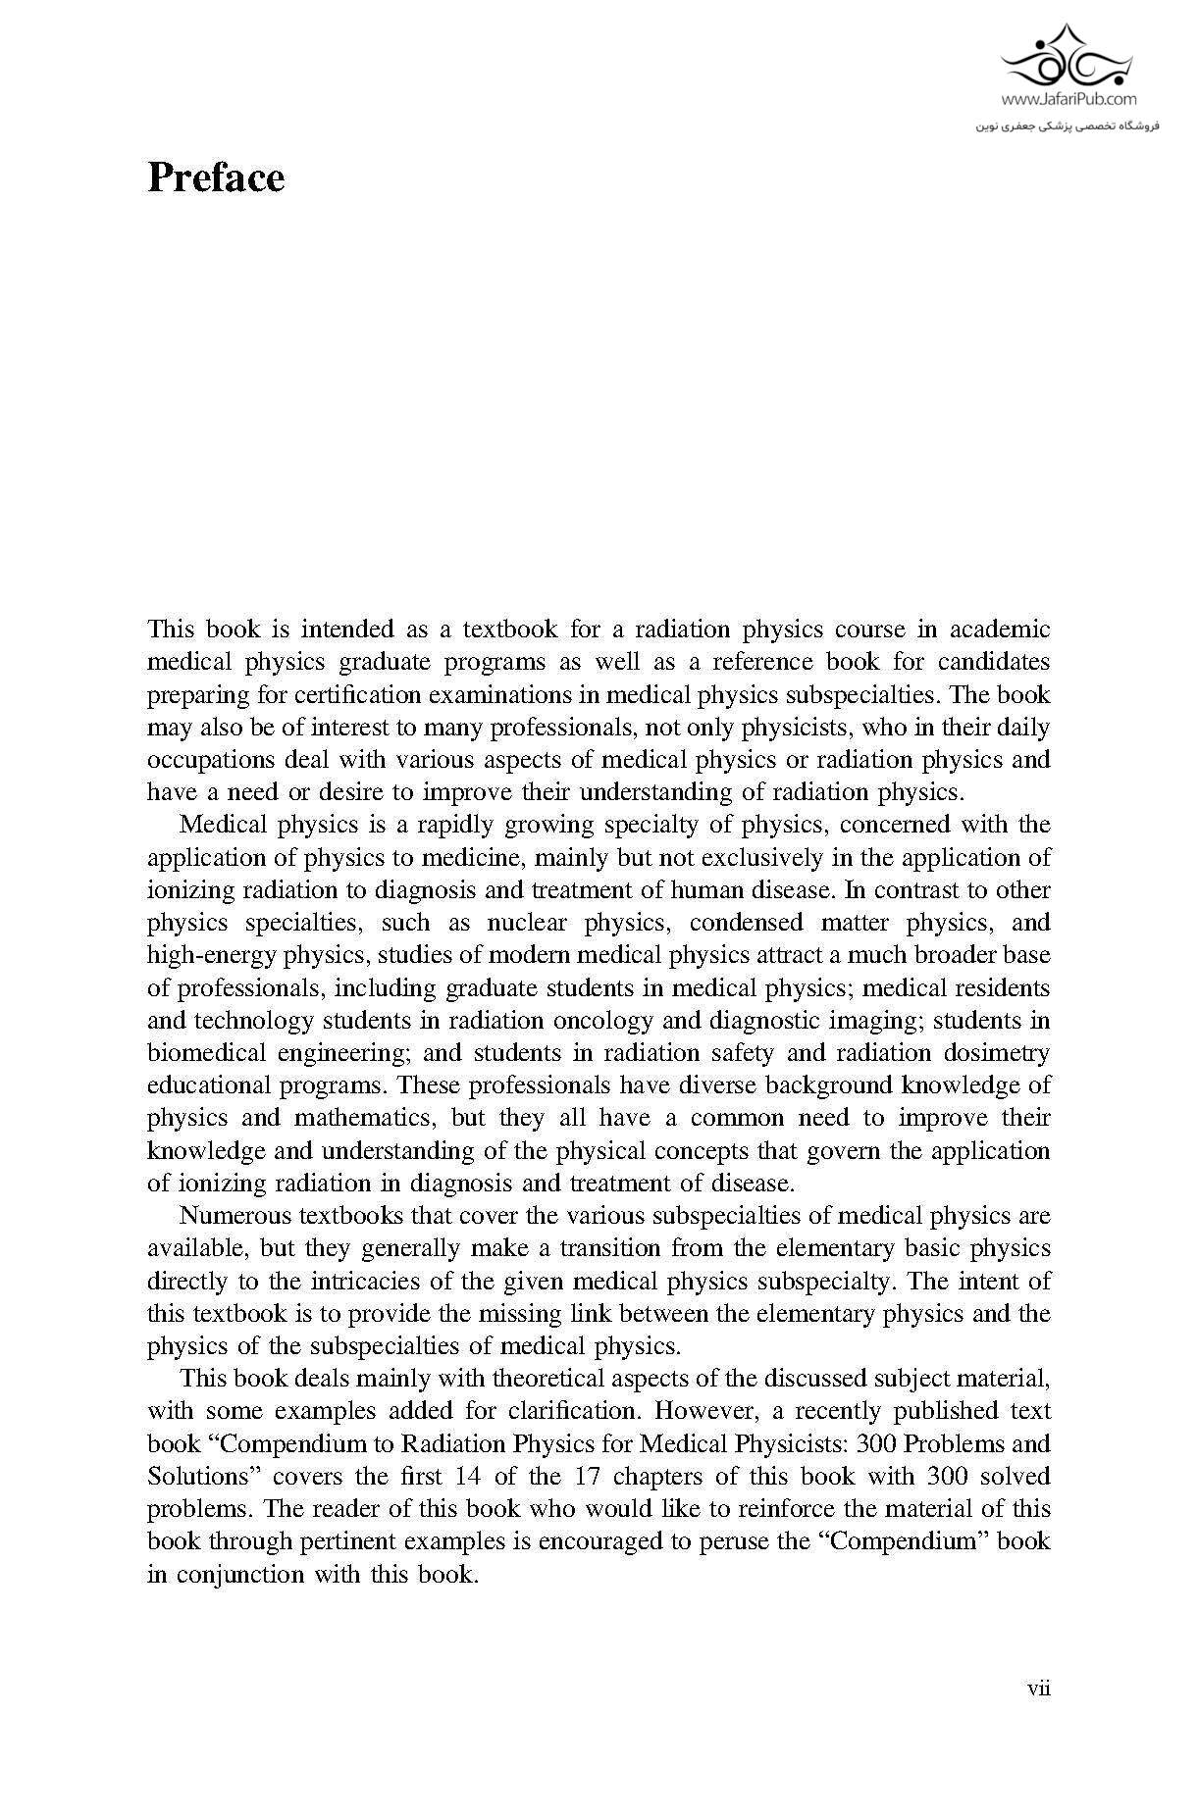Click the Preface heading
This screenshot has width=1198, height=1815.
coord(216,177)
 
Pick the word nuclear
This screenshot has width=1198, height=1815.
coord(526,923)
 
